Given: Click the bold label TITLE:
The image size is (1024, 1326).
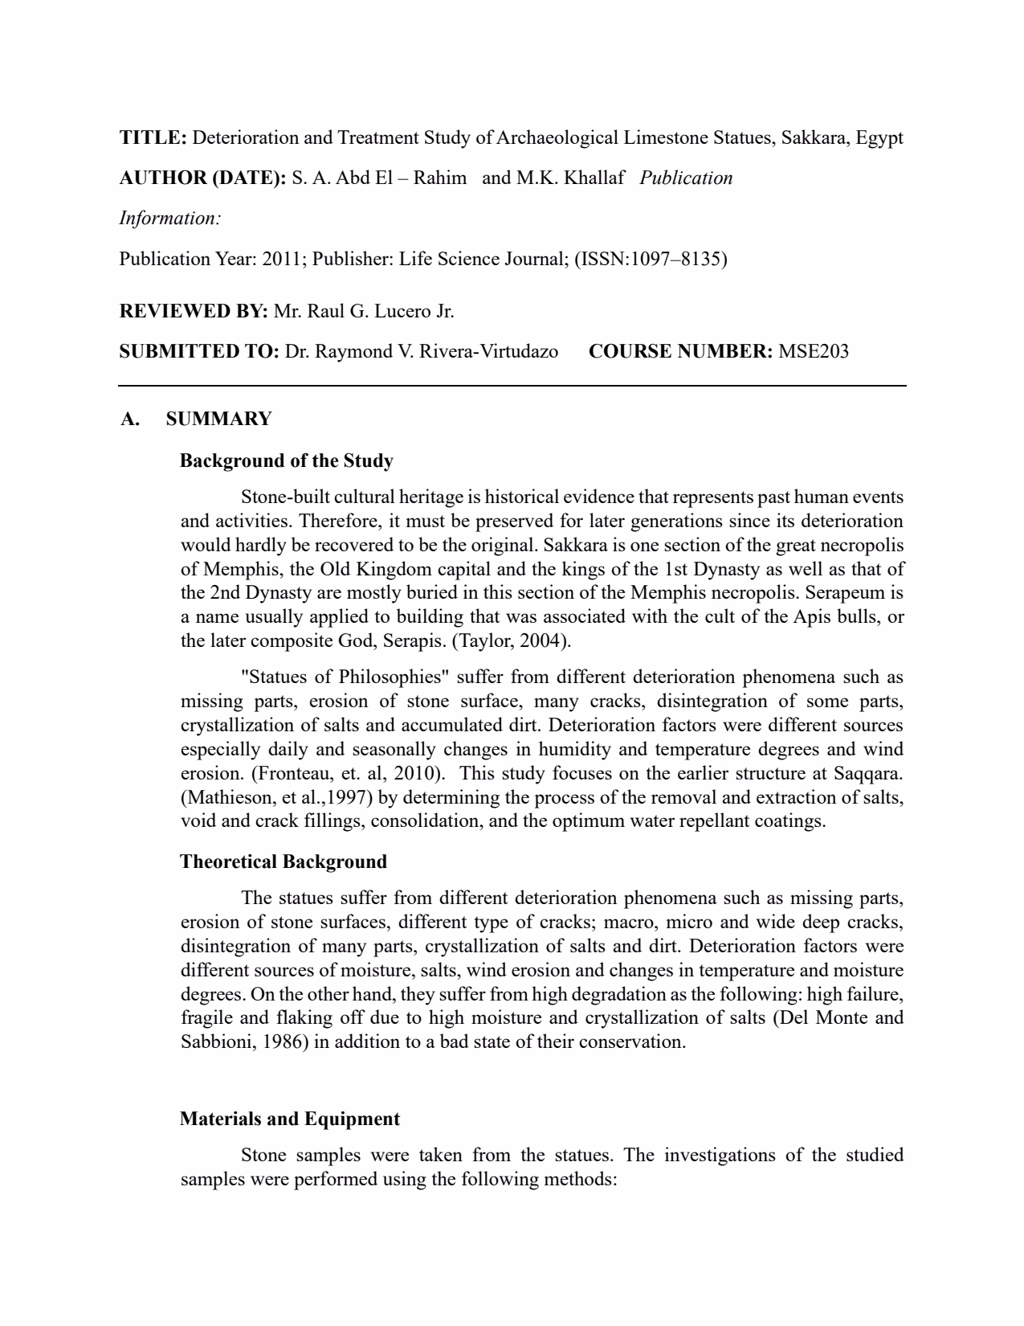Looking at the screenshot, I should coord(153,138).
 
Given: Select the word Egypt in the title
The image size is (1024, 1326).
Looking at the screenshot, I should coord(879,138).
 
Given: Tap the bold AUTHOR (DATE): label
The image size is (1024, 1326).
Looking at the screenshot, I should coord(202,178).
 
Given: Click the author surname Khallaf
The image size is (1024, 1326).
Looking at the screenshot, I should coord(594,178).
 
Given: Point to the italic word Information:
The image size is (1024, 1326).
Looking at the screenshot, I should coord(170,219).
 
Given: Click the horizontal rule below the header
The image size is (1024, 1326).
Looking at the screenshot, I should coord(512,387).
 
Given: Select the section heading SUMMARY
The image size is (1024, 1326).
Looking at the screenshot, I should coord(218,419).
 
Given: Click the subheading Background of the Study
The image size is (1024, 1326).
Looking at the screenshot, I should coord(287,461).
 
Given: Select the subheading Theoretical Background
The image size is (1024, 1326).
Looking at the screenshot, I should coord(284,862).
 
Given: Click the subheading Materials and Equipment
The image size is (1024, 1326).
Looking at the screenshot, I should coord(290,1119).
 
